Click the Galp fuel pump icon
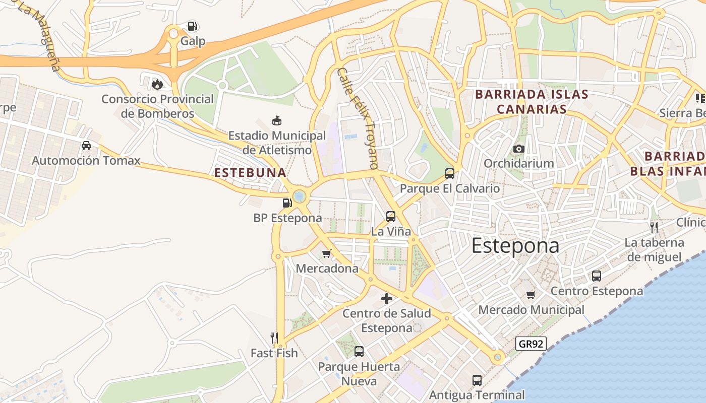192,26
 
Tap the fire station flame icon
157,84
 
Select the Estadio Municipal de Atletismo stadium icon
277,120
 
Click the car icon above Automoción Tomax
86,146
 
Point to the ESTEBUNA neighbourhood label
250,173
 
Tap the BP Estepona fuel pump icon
287,203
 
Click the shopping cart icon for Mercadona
327,253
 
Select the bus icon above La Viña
391,217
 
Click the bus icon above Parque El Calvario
450,174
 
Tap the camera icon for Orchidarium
518,149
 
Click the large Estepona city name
515,246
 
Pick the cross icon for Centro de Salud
387,299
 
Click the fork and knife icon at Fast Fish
274,338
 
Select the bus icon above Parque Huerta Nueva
359,352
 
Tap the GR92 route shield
531,344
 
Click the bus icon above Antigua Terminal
477,380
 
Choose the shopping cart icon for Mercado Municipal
531,295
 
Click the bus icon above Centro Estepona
597,276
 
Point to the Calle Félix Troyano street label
358,118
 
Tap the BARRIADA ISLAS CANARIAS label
532,102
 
